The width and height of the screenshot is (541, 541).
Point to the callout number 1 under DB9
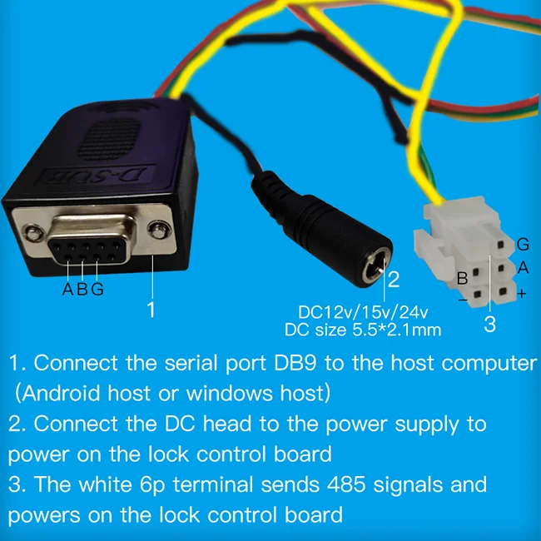pos(151,310)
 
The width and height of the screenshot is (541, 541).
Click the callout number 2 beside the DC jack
pos(395,279)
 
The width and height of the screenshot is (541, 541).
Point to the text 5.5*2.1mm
pos(399,330)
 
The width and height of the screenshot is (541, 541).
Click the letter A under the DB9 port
pos(68,290)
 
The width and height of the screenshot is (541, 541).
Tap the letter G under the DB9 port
pos(97,290)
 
